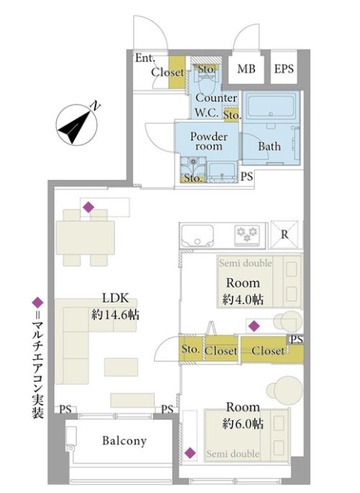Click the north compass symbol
click(x=77, y=125)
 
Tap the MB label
click(x=246, y=68)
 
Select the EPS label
click(x=284, y=68)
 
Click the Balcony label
click(x=124, y=441)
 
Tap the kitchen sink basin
click(x=197, y=236)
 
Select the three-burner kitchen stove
click(x=247, y=234)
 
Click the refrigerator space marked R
click(x=284, y=234)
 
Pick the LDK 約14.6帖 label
click(x=116, y=306)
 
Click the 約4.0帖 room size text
click(x=243, y=300)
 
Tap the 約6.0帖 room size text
click(x=243, y=424)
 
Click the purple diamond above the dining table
click(x=89, y=207)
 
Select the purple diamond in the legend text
click(x=38, y=302)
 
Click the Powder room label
click(x=209, y=141)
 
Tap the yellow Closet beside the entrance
click(x=176, y=73)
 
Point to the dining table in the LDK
click(x=85, y=238)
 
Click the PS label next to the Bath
click(x=247, y=176)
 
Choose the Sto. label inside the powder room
click(x=193, y=178)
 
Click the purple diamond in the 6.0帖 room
click(x=190, y=453)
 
